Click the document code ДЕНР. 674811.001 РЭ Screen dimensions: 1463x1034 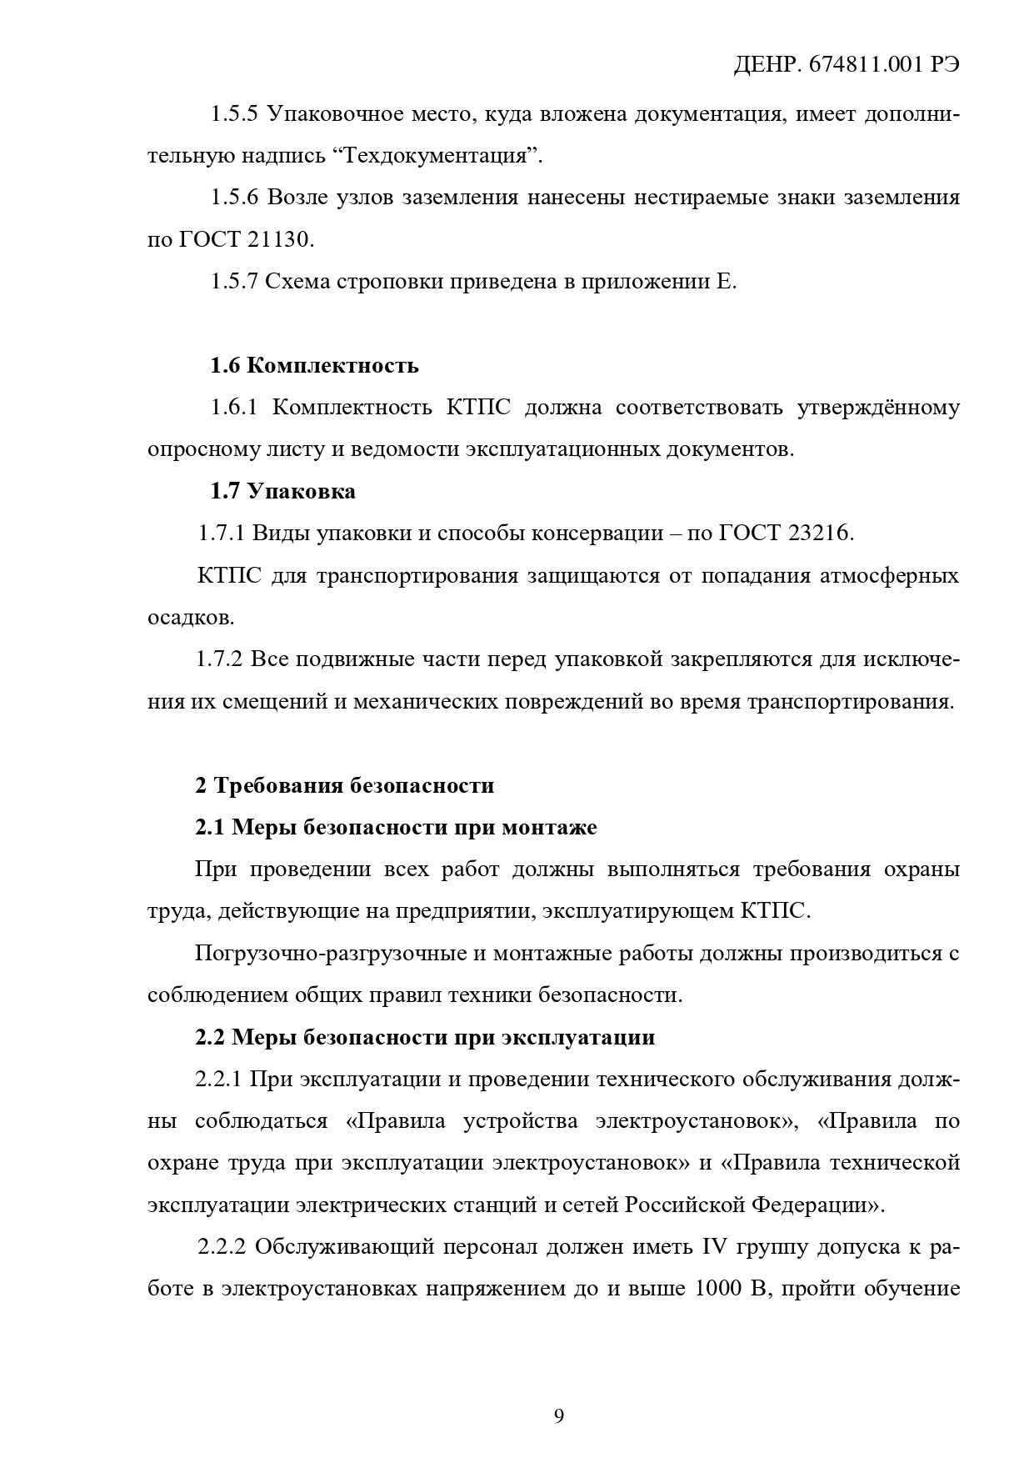coord(846,67)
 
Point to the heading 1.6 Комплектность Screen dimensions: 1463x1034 coord(314,366)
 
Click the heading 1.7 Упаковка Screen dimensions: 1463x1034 coord(282,492)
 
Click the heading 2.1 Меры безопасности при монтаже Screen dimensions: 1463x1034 coord(396,828)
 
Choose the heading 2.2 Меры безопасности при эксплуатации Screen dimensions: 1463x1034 coord(425,1038)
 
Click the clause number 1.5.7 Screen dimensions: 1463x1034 coord(234,282)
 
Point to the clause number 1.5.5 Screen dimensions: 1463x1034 coord(234,114)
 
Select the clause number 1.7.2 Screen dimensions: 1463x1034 coord(220,659)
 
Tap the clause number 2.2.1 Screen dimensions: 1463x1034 coord(219,1080)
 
